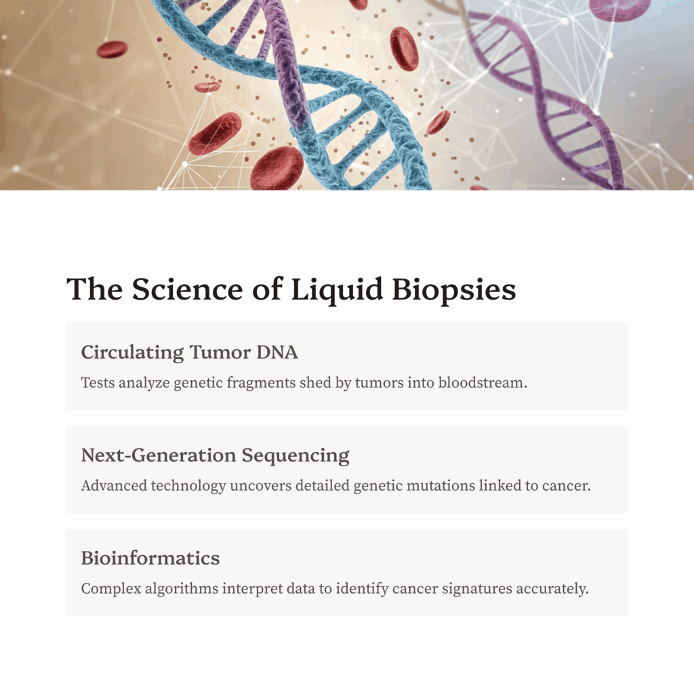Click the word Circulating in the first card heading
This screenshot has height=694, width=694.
point(132,352)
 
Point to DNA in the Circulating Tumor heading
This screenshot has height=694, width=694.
point(278,352)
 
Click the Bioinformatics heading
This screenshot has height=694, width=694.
point(150,558)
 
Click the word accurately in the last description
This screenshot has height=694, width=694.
point(552,589)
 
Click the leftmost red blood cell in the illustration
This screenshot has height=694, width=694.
point(112,49)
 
